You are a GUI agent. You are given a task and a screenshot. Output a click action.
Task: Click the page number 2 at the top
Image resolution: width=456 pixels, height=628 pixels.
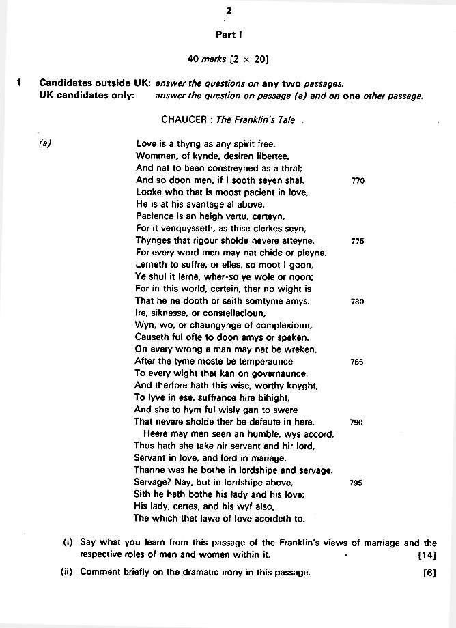tap(229, 11)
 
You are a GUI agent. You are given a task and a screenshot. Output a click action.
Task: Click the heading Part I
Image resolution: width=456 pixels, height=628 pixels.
tap(229, 35)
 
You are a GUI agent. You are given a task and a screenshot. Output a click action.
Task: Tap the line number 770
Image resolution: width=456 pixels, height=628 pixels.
tap(358, 181)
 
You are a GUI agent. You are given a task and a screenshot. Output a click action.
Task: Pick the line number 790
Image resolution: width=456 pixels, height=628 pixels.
tap(356, 423)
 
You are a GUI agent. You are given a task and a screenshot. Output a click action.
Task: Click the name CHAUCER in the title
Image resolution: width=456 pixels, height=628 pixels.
tap(184, 119)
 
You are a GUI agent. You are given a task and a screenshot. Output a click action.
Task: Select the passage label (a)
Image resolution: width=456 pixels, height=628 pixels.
tap(46, 144)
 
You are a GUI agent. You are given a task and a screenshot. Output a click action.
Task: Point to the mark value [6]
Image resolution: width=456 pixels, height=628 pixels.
tap(429, 573)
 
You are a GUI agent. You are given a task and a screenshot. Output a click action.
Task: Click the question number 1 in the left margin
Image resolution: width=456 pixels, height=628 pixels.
tap(19, 83)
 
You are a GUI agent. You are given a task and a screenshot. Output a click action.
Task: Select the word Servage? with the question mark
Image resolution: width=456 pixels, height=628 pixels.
tap(154, 483)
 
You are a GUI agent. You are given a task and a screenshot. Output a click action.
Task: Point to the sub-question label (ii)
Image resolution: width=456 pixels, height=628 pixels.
tap(67, 573)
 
